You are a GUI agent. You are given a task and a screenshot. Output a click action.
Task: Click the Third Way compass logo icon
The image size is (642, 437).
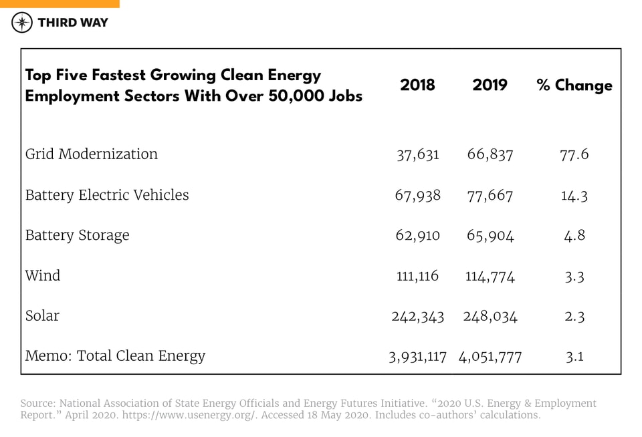click(23, 23)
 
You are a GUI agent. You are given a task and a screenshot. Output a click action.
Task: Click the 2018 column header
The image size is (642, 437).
click(417, 85)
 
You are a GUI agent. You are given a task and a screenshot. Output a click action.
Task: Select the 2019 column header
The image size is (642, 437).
click(490, 85)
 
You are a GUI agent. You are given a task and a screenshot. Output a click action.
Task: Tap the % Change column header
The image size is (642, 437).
click(574, 86)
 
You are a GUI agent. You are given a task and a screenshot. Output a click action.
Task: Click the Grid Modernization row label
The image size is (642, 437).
click(92, 154)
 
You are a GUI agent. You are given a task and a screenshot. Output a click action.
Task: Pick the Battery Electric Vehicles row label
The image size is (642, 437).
click(107, 195)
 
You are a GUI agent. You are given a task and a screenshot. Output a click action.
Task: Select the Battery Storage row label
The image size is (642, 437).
click(77, 235)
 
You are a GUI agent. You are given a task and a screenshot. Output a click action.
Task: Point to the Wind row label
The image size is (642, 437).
click(43, 275)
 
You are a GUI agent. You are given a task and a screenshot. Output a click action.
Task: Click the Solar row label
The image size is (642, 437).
click(42, 315)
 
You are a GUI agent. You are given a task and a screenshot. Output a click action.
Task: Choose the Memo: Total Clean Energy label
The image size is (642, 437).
click(115, 356)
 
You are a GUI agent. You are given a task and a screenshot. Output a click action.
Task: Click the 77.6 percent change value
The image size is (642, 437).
click(574, 154)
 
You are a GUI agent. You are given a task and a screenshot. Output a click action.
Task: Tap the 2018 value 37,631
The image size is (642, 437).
click(418, 154)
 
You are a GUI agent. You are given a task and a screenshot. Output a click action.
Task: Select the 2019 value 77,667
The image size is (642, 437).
click(490, 195)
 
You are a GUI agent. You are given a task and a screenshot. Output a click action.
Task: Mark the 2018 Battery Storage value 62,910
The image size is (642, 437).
click(418, 235)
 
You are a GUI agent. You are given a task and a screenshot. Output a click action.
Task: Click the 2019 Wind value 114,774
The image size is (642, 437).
click(490, 276)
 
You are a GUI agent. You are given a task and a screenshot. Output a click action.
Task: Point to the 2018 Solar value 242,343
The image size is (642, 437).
click(418, 316)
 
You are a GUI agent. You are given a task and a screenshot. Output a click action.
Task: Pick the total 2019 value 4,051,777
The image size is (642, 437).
click(490, 357)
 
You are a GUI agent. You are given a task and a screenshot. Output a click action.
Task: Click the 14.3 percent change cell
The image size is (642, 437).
click(574, 195)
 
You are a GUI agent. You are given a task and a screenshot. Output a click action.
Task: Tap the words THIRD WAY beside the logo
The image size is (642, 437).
click(73, 23)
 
